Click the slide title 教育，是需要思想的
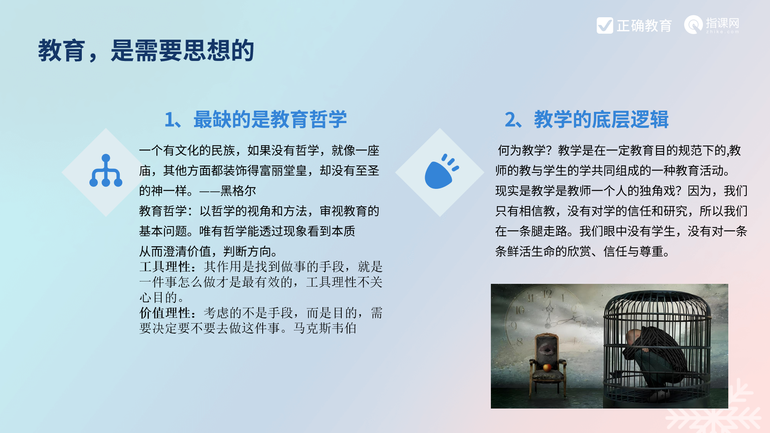pos(146,51)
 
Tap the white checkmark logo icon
pos(605,25)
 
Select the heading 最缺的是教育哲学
pos(270,119)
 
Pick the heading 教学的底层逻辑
pos(601,119)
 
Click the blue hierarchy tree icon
pos(106,170)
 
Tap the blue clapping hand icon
pos(442,171)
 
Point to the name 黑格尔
pos(238,191)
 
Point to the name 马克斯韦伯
pos(325,328)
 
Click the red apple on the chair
pos(547,367)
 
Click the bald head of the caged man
pos(633,337)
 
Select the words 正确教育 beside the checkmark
pos(644,26)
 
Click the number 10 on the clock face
pos(520,310)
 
